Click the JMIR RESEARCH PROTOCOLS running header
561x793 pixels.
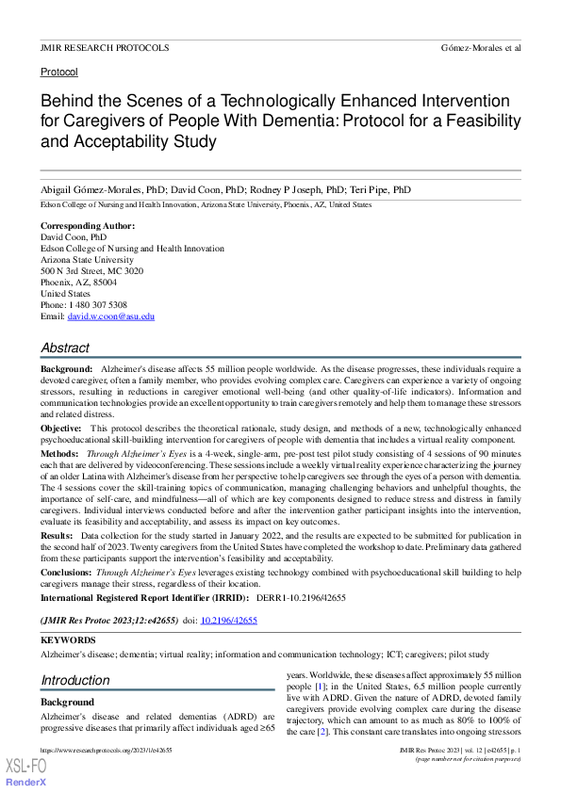pyautogui.click(x=105, y=47)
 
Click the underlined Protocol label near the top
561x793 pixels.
pyautogui.click(x=59, y=72)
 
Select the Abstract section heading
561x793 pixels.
pyautogui.click(x=65, y=348)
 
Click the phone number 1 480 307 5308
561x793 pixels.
pyautogui.click(x=97, y=305)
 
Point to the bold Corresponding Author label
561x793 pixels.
pyautogui.click(x=88, y=226)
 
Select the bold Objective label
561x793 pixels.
pyautogui.click(x=61, y=428)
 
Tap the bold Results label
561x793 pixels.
pyautogui.click(x=58, y=534)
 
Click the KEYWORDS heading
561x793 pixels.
pyautogui.click(x=67, y=639)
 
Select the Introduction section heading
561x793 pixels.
pyautogui.click(x=74, y=680)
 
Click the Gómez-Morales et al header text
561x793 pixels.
pyautogui.click(x=480, y=47)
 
